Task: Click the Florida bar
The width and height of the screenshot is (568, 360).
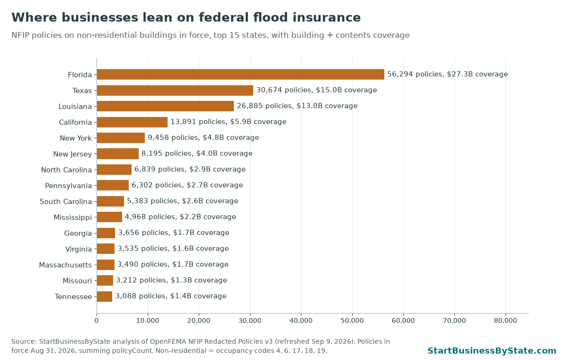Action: pyautogui.click(x=240, y=74)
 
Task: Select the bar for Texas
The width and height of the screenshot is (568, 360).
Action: pyautogui.click(x=175, y=90)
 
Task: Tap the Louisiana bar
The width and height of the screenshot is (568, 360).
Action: pyautogui.click(x=165, y=106)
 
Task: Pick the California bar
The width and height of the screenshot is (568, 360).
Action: pyautogui.click(x=132, y=122)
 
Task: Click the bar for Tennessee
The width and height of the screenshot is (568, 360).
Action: pyautogui.click(x=105, y=297)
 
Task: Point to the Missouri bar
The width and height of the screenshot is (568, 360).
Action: pyautogui.click(x=105, y=280)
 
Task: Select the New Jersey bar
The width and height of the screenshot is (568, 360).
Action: pyautogui.click(x=118, y=154)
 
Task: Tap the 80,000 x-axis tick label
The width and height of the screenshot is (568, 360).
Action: pyautogui.click(x=506, y=321)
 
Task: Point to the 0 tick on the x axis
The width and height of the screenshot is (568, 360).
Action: pyautogui.click(x=97, y=321)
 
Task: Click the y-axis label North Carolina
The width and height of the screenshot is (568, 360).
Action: pyautogui.click(x=66, y=170)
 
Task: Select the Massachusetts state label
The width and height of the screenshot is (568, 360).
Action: pyautogui.click(x=65, y=265)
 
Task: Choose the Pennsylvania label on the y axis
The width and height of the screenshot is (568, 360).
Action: pyautogui.click(x=68, y=186)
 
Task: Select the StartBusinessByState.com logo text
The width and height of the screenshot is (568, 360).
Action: pyautogui.click(x=492, y=351)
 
